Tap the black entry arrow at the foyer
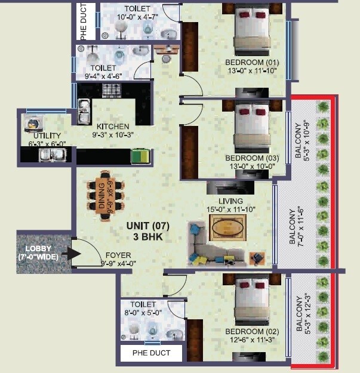pyautogui.click(x=73, y=254)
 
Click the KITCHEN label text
pyautogui.click(x=113, y=127)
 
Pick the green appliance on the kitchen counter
pyautogui.click(x=140, y=156)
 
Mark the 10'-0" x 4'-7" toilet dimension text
pyautogui.click(x=137, y=17)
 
